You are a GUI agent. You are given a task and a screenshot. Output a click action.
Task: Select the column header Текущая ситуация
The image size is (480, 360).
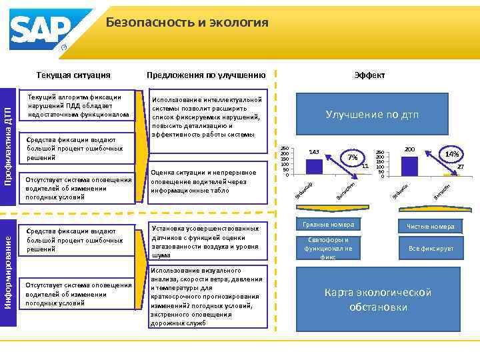tap(74, 75)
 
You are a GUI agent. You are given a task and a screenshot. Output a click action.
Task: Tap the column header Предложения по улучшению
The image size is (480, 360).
tap(206, 75)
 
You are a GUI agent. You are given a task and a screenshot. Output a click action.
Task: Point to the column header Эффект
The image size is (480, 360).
tap(369, 75)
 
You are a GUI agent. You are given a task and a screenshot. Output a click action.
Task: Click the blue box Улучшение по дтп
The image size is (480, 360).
tap(371, 114)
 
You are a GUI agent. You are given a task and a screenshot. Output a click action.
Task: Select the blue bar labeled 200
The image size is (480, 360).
tap(409, 165)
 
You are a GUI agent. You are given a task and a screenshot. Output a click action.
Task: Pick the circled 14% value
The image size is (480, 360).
tap(451, 153)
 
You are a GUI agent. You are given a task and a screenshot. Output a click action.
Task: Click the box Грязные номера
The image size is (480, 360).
tap(327, 225)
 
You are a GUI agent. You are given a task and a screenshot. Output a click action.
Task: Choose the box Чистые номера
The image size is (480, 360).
tap(430, 227)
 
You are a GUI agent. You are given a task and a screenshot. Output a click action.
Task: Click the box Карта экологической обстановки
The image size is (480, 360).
tap(377, 300)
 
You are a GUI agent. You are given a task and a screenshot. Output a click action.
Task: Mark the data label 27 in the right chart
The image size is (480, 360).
tap(460, 167)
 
